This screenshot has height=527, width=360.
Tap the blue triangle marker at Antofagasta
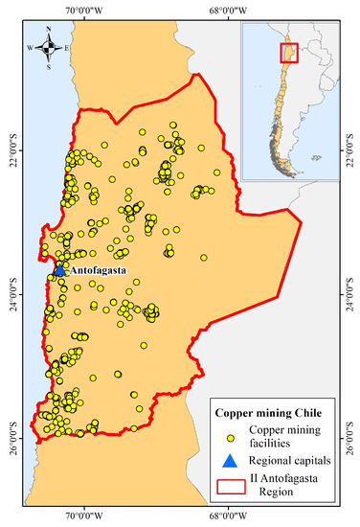(59, 270)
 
